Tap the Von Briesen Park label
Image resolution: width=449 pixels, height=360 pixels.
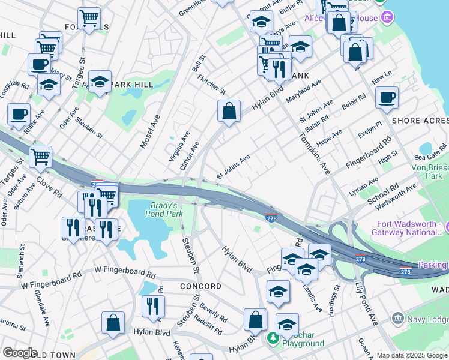click(429, 172)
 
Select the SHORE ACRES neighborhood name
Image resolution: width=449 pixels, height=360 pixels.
click(420, 121)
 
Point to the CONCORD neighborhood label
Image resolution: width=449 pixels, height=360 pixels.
click(200, 286)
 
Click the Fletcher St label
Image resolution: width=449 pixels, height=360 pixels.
click(211, 83)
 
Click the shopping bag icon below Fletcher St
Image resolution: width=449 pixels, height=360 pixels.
click(229, 112)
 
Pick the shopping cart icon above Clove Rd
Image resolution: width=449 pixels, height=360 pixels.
click(41, 158)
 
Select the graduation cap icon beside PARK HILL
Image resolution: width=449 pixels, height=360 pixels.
click(100, 82)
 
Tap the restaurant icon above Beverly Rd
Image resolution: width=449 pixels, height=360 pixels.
click(153, 305)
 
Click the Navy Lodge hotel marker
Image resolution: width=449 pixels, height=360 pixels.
click(397, 317)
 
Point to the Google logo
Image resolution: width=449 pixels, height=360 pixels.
click(20, 353)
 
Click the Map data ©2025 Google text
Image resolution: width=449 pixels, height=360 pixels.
click(412, 355)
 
